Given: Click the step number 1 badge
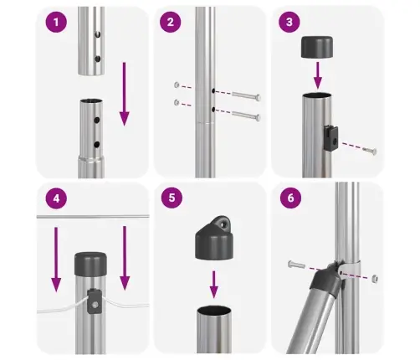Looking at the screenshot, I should [x=56, y=23].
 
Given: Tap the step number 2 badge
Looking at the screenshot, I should [x=172, y=23].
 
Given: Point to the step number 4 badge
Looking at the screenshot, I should [x=56, y=201].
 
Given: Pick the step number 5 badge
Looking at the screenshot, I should [x=172, y=201].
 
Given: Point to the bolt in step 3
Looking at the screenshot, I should [x=368, y=152].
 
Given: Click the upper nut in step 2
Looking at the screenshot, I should [x=177, y=85].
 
